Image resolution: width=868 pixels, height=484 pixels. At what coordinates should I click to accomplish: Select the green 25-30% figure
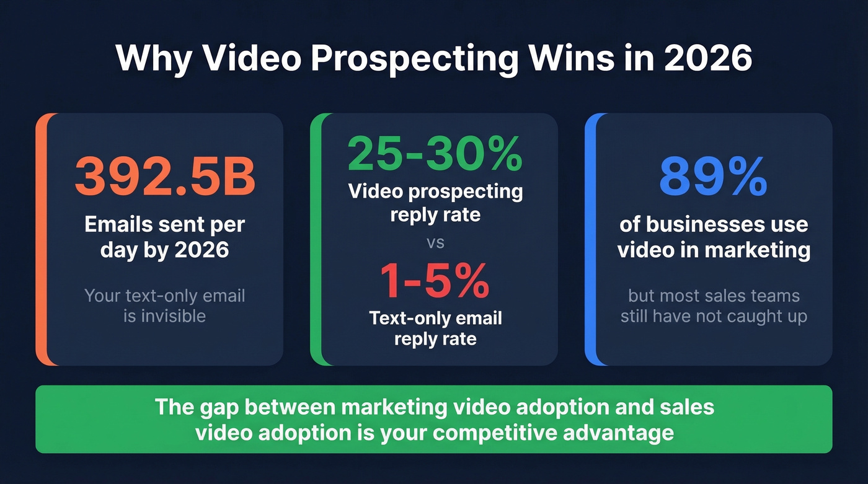point(435,154)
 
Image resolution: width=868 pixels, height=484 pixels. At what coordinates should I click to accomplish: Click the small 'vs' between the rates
point(435,242)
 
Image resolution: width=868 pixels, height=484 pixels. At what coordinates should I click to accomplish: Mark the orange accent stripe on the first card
point(41,239)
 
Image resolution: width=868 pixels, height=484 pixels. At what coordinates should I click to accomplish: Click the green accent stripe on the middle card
point(316,239)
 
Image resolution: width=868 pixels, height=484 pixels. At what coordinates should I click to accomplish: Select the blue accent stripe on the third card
point(590,239)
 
